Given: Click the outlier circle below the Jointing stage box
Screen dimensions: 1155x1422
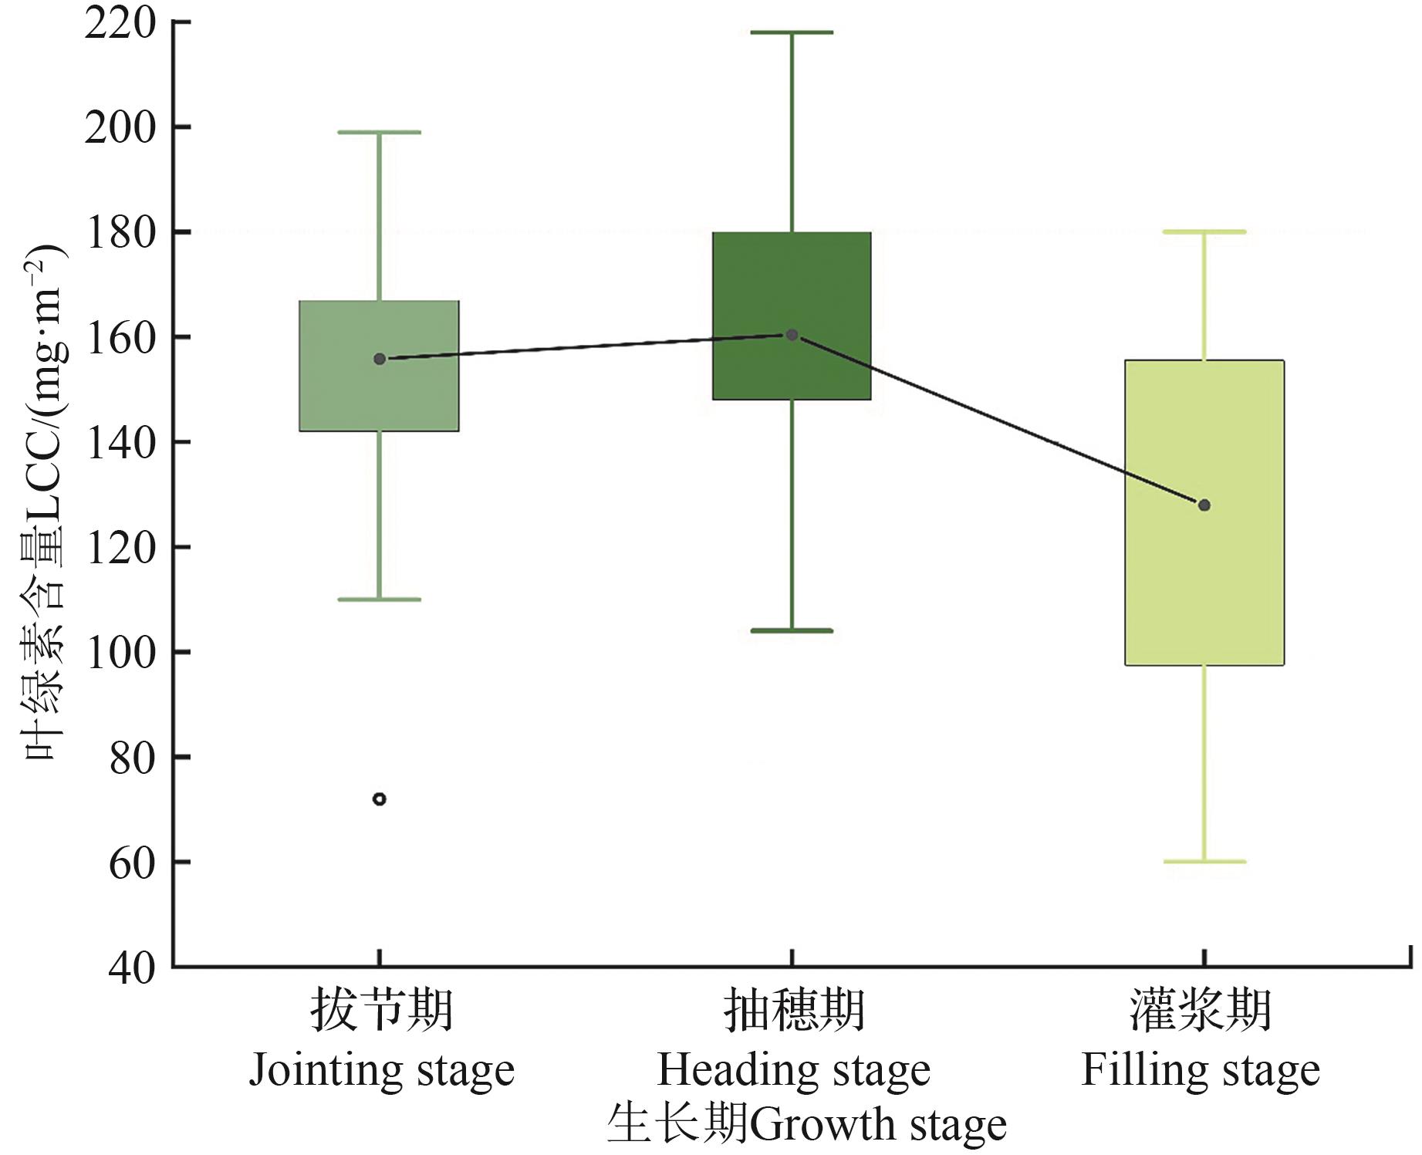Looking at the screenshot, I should tap(380, 799).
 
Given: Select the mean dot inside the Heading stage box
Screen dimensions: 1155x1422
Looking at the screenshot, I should tap(792, 335).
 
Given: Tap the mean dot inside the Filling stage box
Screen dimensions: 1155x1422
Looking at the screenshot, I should tap(1204, 505).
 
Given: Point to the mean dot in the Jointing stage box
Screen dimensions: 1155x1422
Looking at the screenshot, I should tap(380, 359).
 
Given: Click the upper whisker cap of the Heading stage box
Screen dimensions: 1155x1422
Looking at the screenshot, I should tap(792, 32).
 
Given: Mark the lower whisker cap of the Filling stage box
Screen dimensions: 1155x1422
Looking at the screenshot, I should tap(1204, 861).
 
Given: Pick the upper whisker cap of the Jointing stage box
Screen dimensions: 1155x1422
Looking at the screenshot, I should tap(380, 133).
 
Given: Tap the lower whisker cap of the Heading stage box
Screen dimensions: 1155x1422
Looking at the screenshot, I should tap(792, 630).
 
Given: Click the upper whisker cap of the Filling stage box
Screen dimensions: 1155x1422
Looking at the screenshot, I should tap(1204, 231).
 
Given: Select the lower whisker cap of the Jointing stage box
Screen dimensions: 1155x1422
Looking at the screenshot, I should tap(380, 599).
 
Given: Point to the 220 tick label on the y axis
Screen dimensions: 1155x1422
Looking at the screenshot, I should tap(120, 23).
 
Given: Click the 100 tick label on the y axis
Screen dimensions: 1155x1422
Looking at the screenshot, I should tap(120, 653).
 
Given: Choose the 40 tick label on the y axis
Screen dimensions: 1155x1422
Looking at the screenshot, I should tap(132, 968).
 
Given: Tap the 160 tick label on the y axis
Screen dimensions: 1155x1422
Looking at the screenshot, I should tap(120, 338).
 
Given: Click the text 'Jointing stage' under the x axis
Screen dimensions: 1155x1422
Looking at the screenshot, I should tap(381, 1071).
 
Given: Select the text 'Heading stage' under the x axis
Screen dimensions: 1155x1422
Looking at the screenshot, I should tap(794, 1071).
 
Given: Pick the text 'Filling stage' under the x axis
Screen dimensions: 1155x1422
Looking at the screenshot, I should tap(1201, 1071).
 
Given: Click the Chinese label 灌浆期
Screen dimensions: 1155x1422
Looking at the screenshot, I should tap(1201, 1011).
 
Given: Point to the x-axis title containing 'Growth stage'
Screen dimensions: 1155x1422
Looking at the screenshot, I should tap(807, 1125).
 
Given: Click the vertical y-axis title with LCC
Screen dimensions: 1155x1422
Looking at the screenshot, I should tap(43, 502).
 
